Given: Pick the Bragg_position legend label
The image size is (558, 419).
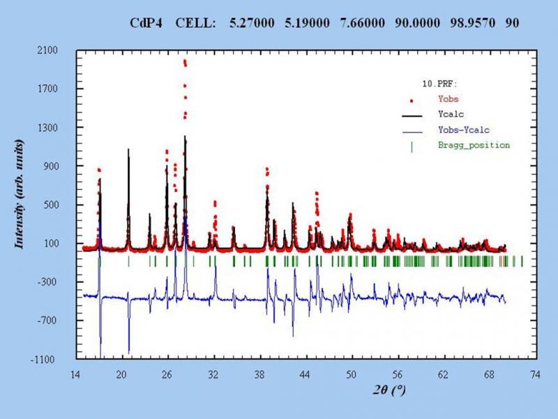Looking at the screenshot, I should click(474, 145).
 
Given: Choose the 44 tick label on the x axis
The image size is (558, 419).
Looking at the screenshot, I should click(305, 374).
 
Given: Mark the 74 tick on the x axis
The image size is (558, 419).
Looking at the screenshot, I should click(535, 374).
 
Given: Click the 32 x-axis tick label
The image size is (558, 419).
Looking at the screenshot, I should click(213, 374).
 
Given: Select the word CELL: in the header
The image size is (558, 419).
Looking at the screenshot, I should click(199, 23).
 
